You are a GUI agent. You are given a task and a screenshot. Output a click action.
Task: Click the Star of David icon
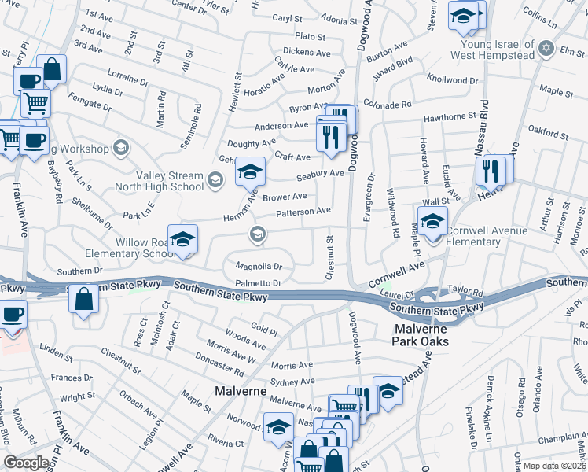[546, 50]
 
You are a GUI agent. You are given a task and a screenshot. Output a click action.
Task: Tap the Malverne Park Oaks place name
[421, 335]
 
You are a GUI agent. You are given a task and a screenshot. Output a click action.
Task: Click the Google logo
[26, 463]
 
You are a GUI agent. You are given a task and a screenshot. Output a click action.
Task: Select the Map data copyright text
[553, 466]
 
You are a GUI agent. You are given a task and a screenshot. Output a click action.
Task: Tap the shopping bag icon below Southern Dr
[84, 301]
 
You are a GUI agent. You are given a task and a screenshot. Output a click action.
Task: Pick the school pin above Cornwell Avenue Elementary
[432, 219]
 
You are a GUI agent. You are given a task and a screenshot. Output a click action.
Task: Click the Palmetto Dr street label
[258, 282]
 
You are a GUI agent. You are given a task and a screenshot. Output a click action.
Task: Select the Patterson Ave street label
[303, 212]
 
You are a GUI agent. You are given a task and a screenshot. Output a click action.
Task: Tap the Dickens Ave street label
[307, 53]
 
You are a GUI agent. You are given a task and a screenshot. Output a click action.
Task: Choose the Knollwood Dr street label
[452, 80]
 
